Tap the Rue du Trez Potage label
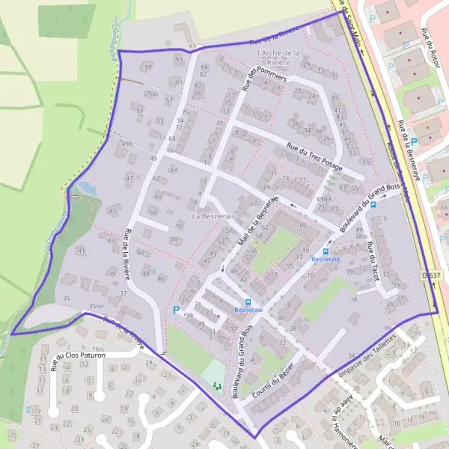(314, 157)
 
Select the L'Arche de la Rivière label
(278, 58)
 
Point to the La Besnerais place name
(213, 216)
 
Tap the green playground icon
(217, 385)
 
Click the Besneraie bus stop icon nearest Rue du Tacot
(326, 252)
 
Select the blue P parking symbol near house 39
(177, 309)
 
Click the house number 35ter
(95, 306)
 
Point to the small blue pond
(85, 187)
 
